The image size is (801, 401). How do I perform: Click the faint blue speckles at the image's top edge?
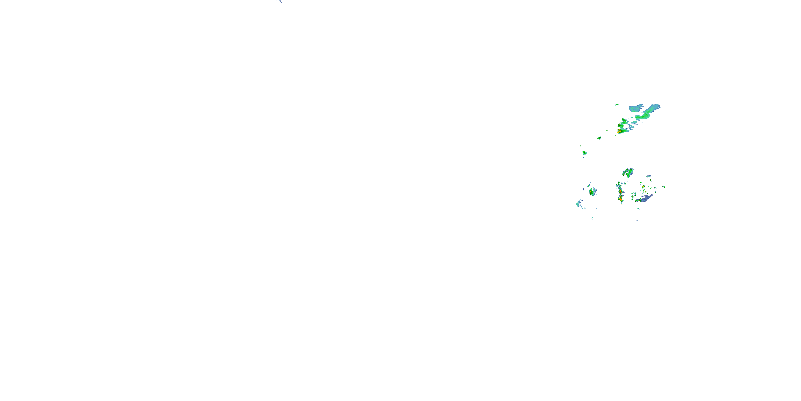coord(279,1)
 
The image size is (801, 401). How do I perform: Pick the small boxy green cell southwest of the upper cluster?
coord(599,138)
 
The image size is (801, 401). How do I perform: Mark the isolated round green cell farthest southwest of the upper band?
coord(584,153)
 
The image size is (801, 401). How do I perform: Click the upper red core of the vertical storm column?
coord(620,191)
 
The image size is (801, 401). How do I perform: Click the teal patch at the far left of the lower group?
coord(578,204)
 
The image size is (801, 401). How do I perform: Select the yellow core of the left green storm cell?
coord(591,192)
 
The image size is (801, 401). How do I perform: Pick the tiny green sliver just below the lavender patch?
coord(638,209)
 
